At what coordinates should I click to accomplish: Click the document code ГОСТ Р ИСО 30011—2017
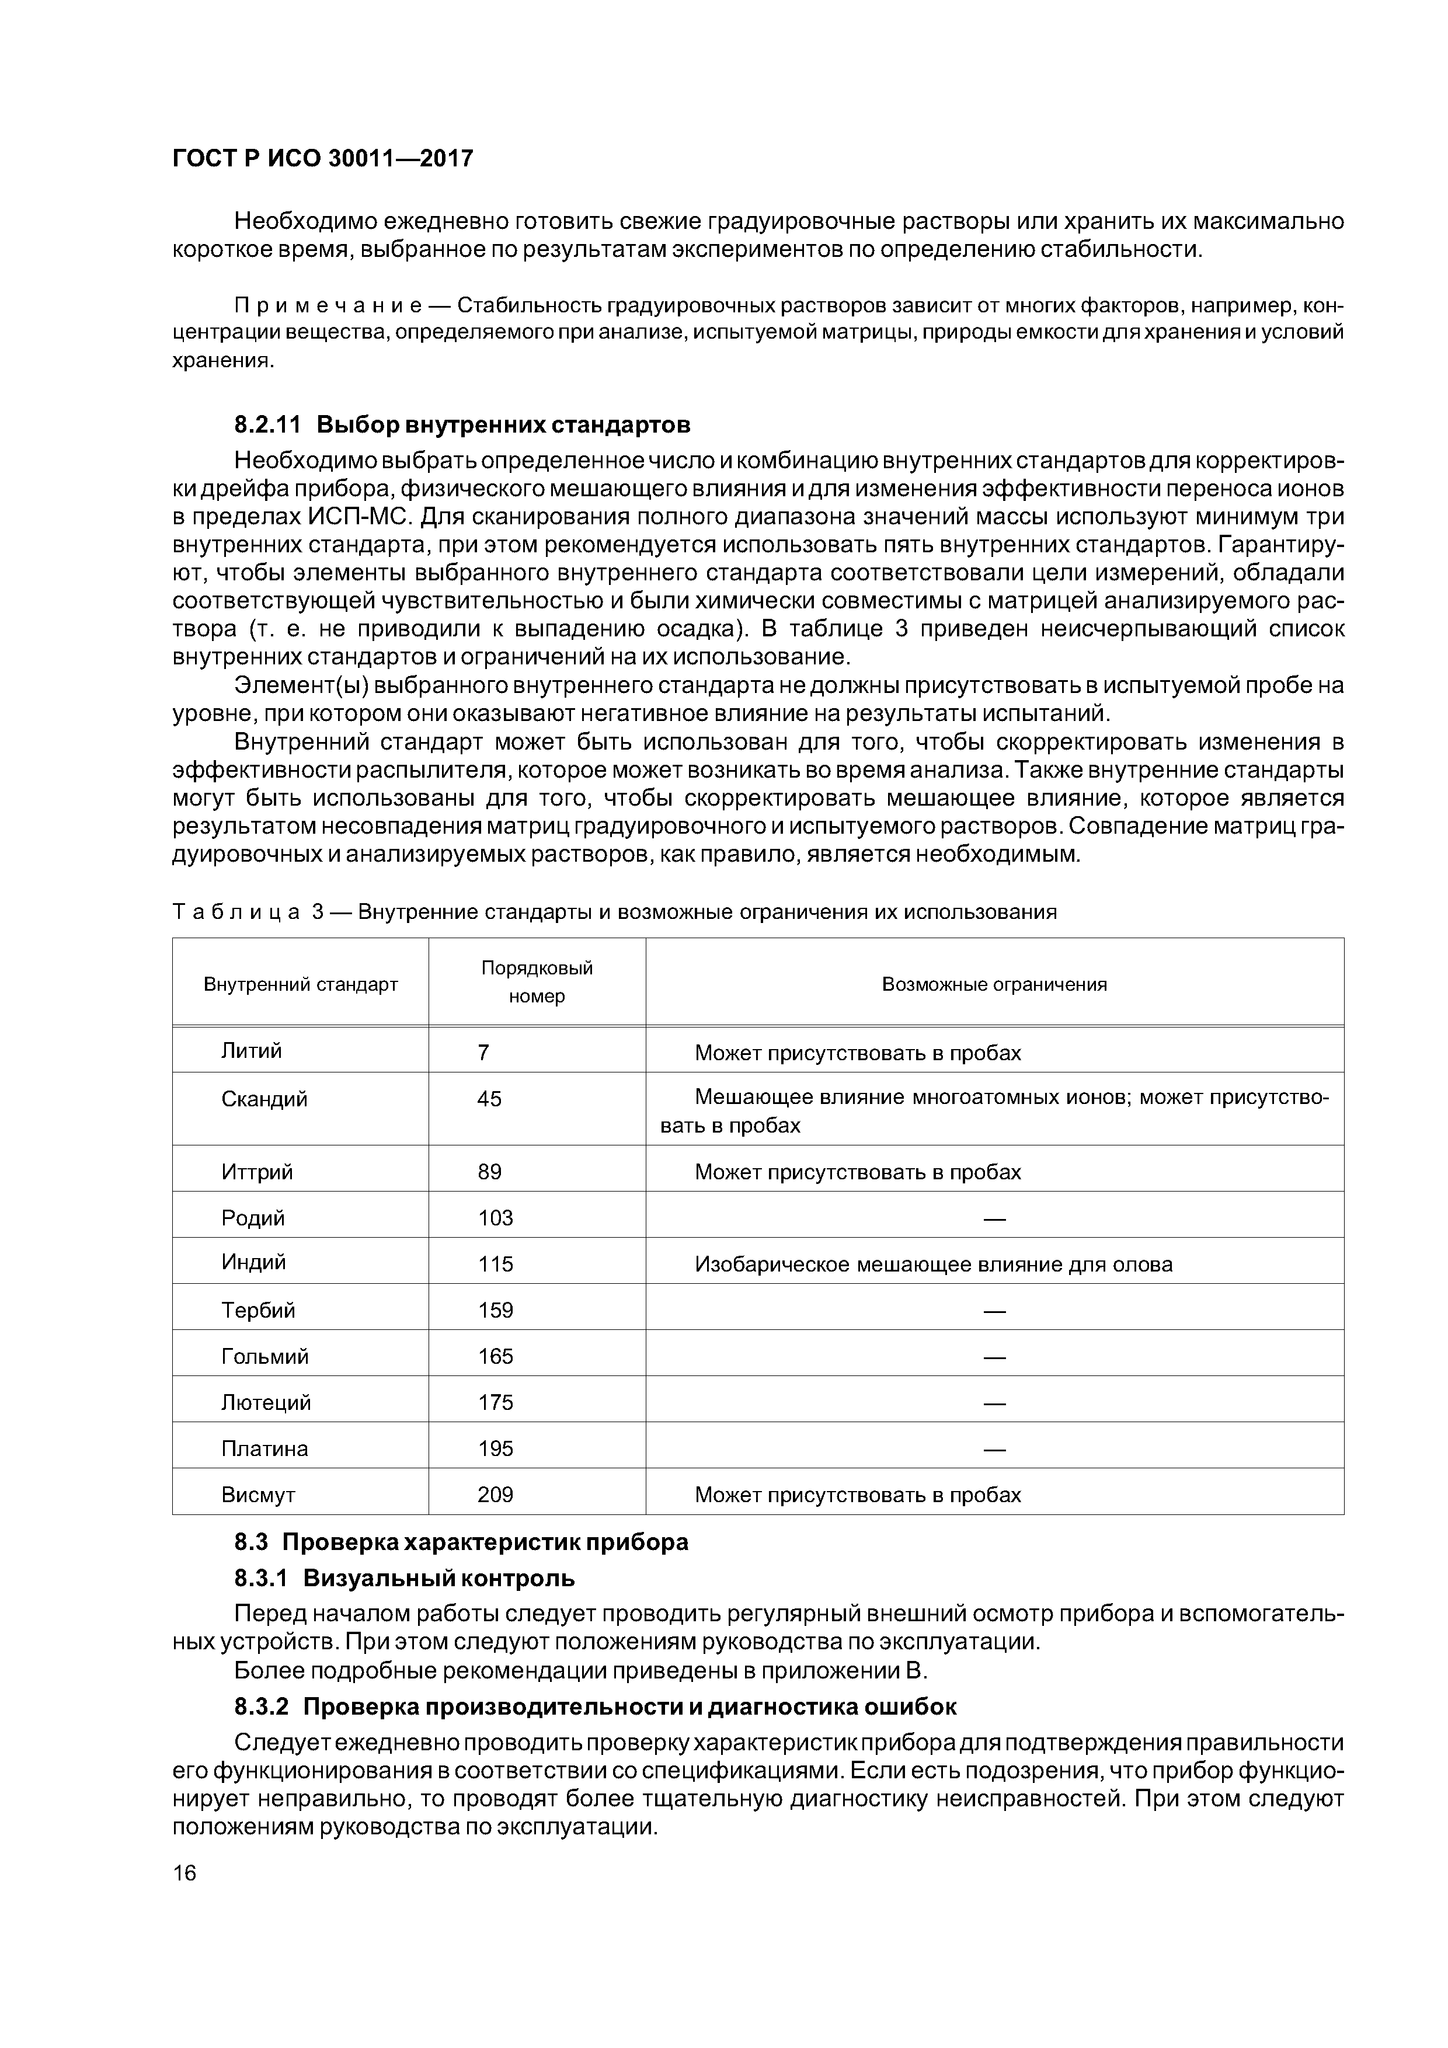point(322,159)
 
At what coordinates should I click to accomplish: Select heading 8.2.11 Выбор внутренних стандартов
point(462,424)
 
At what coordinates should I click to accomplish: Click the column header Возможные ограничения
point(994,984)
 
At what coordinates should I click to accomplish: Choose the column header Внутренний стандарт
point(301,984)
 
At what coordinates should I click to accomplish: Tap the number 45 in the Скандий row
point(489,1099)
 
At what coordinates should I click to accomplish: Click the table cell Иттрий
point(257,1171)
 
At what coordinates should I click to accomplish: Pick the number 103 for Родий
point(495,1218)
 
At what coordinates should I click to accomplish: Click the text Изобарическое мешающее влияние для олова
point(933,1264)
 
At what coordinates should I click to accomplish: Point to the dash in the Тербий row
point(994,1310)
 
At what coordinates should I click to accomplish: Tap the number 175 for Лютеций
point(495,1402)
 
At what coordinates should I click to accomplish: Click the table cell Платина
point(264,1448)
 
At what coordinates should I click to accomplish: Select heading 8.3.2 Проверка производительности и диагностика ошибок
point(595,1706)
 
